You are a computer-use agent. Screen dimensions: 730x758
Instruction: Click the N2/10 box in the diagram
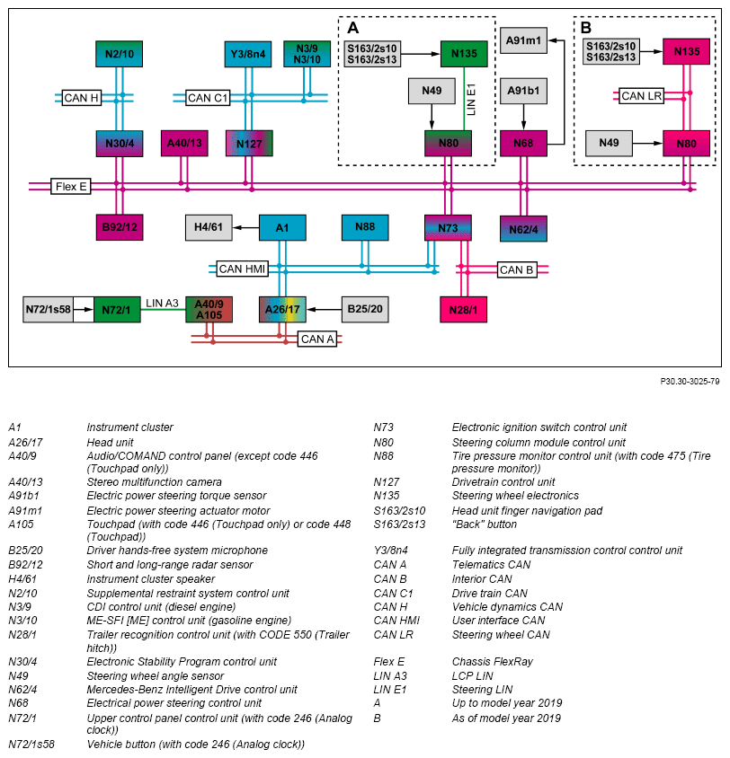click(119, 54)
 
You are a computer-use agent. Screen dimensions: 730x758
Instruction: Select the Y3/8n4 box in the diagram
click(248, 54)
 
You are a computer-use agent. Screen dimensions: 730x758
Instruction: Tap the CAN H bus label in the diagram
click(81, 98)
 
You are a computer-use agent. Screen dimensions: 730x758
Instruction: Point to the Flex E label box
click(71, 186)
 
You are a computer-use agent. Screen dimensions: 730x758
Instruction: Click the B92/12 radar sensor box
click(120, 227)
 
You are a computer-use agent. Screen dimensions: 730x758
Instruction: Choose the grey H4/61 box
click(209, 227)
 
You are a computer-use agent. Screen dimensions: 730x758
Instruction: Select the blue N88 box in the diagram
click(365, 227)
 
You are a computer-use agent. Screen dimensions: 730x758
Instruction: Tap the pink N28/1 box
click(464, 309)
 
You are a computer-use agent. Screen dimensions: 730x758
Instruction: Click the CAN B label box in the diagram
click(517, 269)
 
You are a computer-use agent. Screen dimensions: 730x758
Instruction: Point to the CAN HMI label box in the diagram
click(242, 269)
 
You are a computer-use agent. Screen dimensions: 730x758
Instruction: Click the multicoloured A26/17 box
click(282, 309)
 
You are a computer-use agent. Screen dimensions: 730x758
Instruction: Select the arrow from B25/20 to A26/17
click(325, 309)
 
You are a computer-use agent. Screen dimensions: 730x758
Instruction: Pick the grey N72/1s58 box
click(48, 309)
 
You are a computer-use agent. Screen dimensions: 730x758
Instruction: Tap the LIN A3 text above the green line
click(162, 303)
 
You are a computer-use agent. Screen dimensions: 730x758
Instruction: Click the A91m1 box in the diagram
click(523, 40)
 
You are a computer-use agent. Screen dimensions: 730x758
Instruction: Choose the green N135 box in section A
click(464, 54)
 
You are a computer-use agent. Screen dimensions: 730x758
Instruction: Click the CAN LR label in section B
click(642, 96)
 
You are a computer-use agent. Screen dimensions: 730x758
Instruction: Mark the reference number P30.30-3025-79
click(690, 382)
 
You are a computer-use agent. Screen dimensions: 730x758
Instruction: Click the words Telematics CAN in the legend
click(491, 565)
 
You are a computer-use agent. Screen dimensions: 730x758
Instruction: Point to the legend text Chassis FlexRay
click(492, 662)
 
